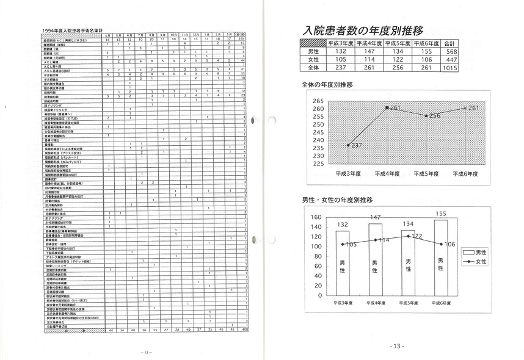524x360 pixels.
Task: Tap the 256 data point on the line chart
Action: click(x=427, y=115)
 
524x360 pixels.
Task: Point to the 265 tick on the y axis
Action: click(x=317, y=101)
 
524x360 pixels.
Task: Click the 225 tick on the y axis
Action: click(x=317, y=163)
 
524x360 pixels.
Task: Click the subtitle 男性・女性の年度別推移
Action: click(x=337, y=200)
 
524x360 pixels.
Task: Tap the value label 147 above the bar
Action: click(x=375, y=218)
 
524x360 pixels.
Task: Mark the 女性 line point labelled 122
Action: click(x=408, y=235)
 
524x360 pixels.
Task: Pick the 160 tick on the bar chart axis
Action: click(x=315, y=217)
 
